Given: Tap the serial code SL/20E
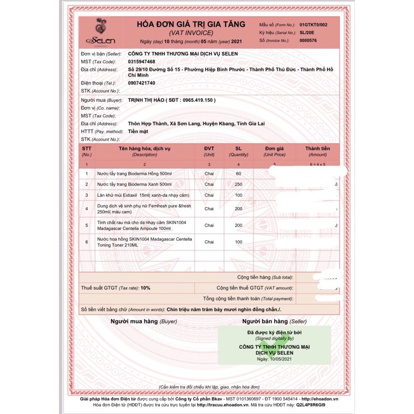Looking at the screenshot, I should (x=307, y=33).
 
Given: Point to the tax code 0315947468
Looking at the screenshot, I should (x=141, y=62).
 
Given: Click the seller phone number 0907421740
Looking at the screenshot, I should (x=141, y=83).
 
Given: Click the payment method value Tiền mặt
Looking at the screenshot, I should (x=139, y=132).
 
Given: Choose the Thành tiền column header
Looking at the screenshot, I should (x=318, y=149).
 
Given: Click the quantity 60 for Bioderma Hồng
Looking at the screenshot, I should (x=239, y=174).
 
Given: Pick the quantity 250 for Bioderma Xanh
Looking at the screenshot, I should (x=239, y=184).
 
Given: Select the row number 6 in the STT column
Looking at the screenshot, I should (x=87, y=242).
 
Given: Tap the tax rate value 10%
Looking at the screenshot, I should (x=144, y=287).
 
